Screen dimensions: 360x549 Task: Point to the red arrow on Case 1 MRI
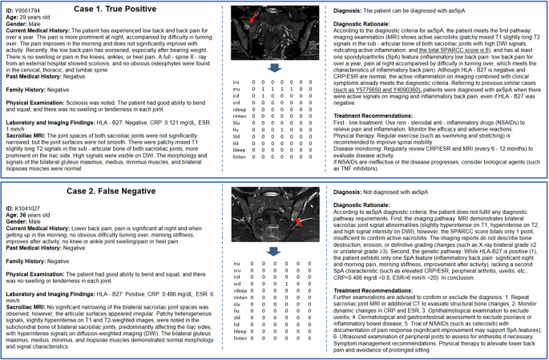(254, 17)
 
